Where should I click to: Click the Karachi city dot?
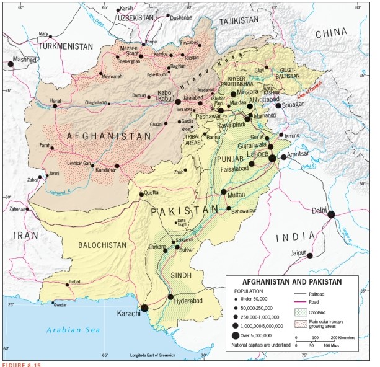point(144,307)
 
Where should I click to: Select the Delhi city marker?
point(332,214)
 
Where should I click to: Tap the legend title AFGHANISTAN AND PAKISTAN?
point(291,281)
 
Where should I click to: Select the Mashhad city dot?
point(11,63)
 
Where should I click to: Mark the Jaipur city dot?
point(310,255)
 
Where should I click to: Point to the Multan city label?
point(236,195)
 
